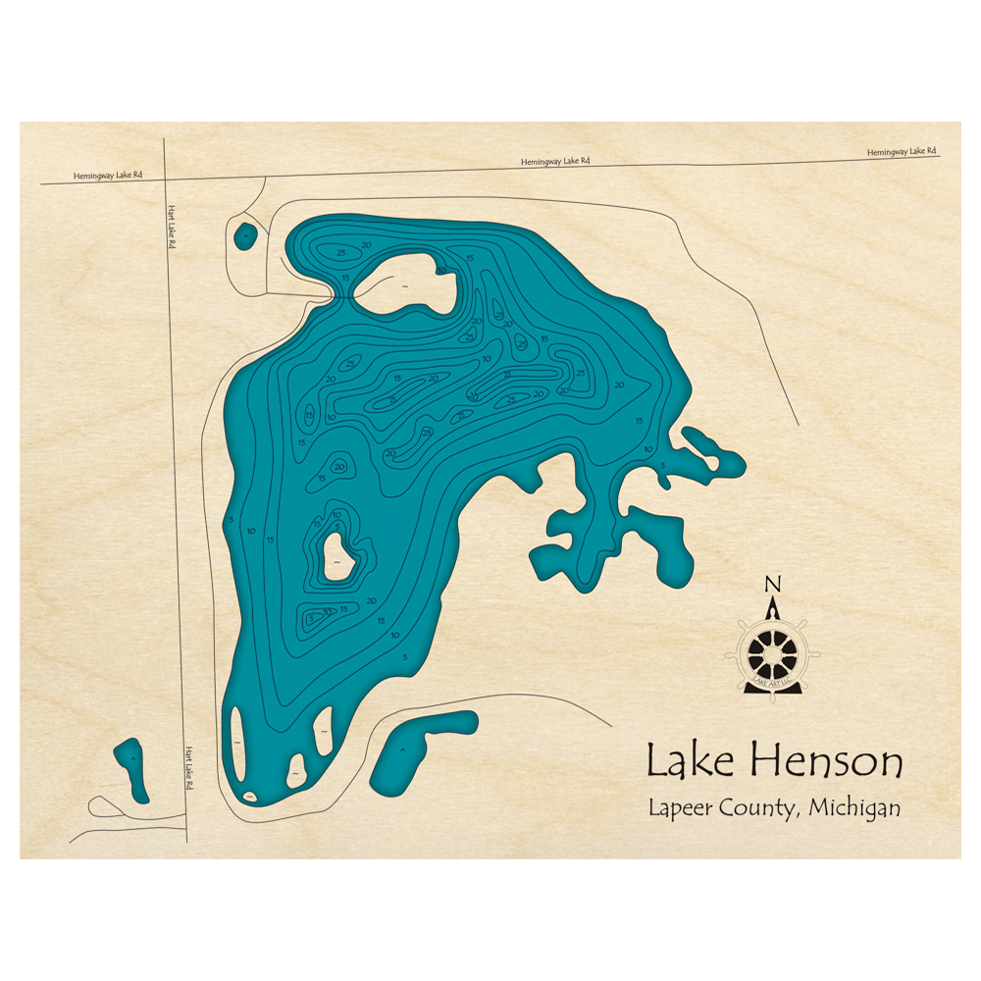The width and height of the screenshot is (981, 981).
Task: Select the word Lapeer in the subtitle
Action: [679, 810]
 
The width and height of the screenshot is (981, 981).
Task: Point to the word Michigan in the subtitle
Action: [853, 809]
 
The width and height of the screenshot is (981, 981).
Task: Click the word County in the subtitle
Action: [765, 810]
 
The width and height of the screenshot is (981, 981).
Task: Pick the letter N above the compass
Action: [773, 586]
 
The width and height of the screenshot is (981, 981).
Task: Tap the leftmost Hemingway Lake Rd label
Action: [108, 176]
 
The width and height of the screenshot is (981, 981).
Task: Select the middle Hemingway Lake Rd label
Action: [555, 161]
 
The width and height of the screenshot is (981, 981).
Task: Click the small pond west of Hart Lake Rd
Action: [131, 769]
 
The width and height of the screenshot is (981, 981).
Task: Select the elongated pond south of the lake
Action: [417, 748]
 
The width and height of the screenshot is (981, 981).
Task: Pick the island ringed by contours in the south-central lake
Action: [338, 558]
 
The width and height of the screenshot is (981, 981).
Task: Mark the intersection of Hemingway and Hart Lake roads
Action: [164, 180]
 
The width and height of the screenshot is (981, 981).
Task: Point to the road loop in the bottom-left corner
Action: [103, 806]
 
